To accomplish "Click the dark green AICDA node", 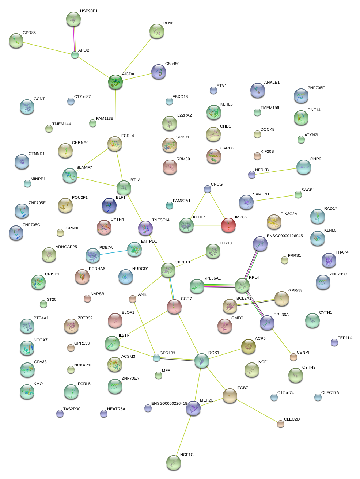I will [115, 82].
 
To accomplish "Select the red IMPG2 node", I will [228, 225].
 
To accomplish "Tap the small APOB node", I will [75, 55].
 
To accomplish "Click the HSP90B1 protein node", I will [73, 19].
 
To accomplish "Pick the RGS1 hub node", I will [201, 361].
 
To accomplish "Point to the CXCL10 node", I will [168, 270].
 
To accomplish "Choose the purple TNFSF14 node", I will [145, 228].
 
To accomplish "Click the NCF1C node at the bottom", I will [174, 463].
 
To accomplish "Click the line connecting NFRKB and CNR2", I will [274, 171].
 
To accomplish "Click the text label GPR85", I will [29, 33].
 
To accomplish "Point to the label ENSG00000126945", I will [285, 236].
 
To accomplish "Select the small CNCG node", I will [208, 189].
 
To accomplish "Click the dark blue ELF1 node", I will [109, 205].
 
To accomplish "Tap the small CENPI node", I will [293, 357].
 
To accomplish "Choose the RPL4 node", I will [242, 285].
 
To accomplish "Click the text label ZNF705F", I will [316, 88].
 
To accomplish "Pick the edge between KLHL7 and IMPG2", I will [207, 225].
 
